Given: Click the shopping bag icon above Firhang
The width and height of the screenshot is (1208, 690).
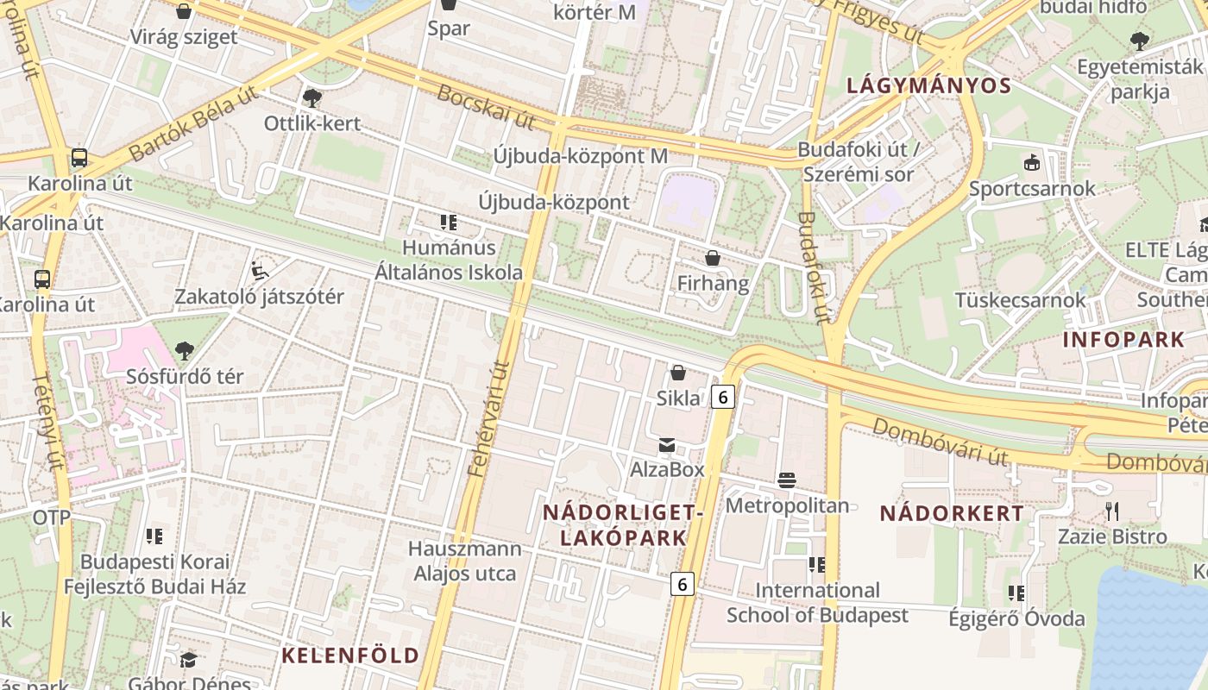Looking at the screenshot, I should pos(713,258).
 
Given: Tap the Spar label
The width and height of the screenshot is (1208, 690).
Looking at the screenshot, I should pos(449,28).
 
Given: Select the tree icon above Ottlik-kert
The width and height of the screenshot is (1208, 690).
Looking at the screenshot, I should pos(311,98).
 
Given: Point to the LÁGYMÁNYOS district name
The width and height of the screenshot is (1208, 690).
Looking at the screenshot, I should pos(928,85).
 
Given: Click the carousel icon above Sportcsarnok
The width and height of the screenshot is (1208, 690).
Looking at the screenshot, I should pos(1031,162).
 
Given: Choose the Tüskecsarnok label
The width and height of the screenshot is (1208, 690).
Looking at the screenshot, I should pos(1020,300).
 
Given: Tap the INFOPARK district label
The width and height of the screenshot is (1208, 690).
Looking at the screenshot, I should pos(1123,339).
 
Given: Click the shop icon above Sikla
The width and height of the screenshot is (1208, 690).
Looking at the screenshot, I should pos(678,373).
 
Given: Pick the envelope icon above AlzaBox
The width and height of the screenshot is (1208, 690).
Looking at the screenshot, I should pos(667,445).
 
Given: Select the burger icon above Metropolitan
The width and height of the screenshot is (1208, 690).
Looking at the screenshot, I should pos(786,480).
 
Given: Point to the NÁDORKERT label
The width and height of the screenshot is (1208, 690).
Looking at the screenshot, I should pos(952,513).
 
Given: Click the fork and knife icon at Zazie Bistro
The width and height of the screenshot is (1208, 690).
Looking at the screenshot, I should pos(1112,511).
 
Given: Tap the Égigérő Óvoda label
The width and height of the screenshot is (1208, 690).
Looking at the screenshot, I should pos(1016,618).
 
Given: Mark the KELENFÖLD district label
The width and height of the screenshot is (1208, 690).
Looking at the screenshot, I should pos(350,655).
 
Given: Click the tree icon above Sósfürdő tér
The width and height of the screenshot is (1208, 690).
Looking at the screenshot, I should pos(184,350).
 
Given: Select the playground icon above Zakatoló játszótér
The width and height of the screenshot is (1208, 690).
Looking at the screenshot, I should pos(259,271).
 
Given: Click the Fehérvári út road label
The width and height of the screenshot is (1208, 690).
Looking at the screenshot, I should pos(488,418).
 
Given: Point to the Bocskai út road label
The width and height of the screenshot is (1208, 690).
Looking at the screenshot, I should pos(486,107).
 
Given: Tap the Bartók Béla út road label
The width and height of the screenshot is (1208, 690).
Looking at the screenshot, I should pos(195,125).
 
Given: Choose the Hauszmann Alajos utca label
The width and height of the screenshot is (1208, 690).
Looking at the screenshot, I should pos(465,561).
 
